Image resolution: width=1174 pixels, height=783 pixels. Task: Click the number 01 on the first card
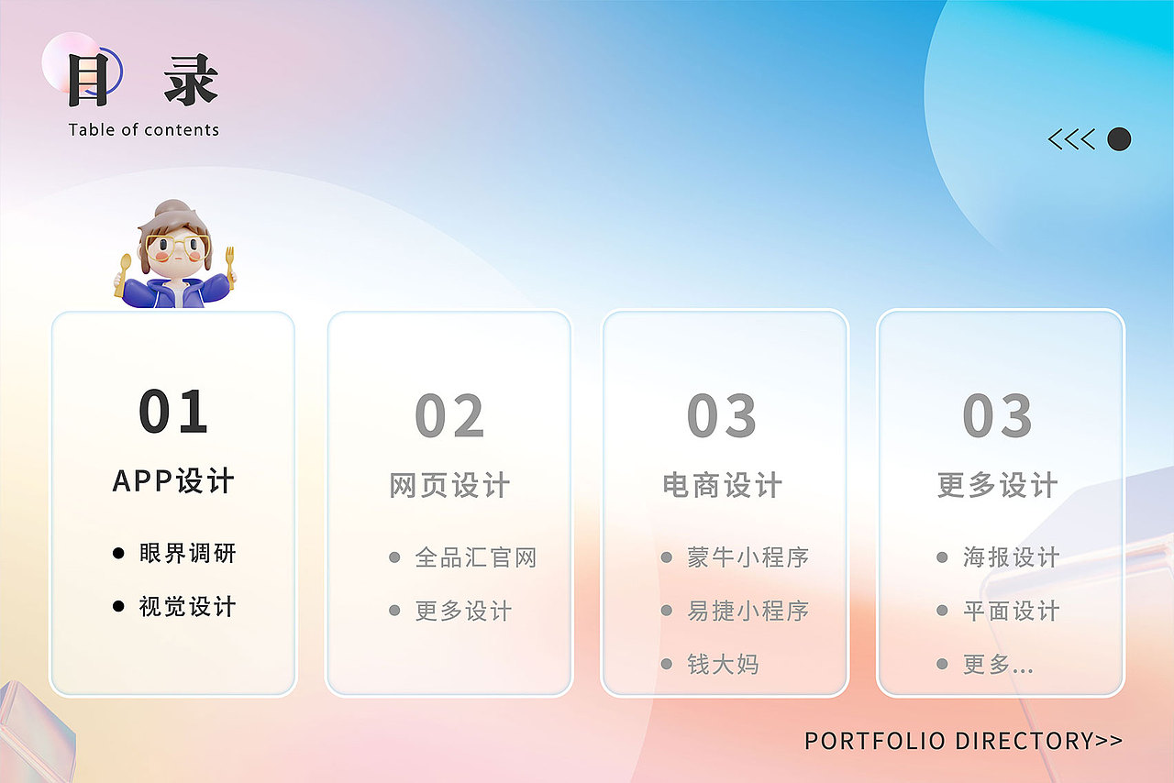tap(173, 412)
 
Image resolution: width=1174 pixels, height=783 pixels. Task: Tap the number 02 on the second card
tap(449, 416)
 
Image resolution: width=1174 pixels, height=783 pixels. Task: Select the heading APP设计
tap(173, 481)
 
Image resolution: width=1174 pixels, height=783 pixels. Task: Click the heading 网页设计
tap(449, 486)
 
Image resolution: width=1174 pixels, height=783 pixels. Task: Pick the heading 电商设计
tap(723, 486)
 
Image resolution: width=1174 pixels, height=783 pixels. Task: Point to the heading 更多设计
tap(998, 486)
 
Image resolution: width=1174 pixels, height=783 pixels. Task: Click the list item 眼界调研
tap(188, 554)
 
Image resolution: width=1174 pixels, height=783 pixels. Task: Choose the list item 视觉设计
tap(188, 607)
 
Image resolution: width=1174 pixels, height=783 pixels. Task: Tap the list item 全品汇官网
tap(475, 557)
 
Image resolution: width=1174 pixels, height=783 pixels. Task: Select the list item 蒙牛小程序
tap(748, 557)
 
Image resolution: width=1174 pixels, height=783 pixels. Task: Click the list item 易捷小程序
tap(748, 611)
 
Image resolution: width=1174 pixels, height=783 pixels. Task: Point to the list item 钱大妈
tap(723, 664)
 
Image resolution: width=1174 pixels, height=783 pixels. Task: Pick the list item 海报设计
tap(1012, 557)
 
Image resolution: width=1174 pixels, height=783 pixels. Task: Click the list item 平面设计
tap(1012, 611)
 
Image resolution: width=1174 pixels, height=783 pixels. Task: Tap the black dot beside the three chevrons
tap(1119, 139)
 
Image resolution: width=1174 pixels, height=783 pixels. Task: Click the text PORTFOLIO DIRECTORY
tap(949, 741)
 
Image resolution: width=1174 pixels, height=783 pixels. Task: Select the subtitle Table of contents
tap(144, 130)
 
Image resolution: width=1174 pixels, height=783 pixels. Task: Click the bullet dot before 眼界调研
tap(117, 554)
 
